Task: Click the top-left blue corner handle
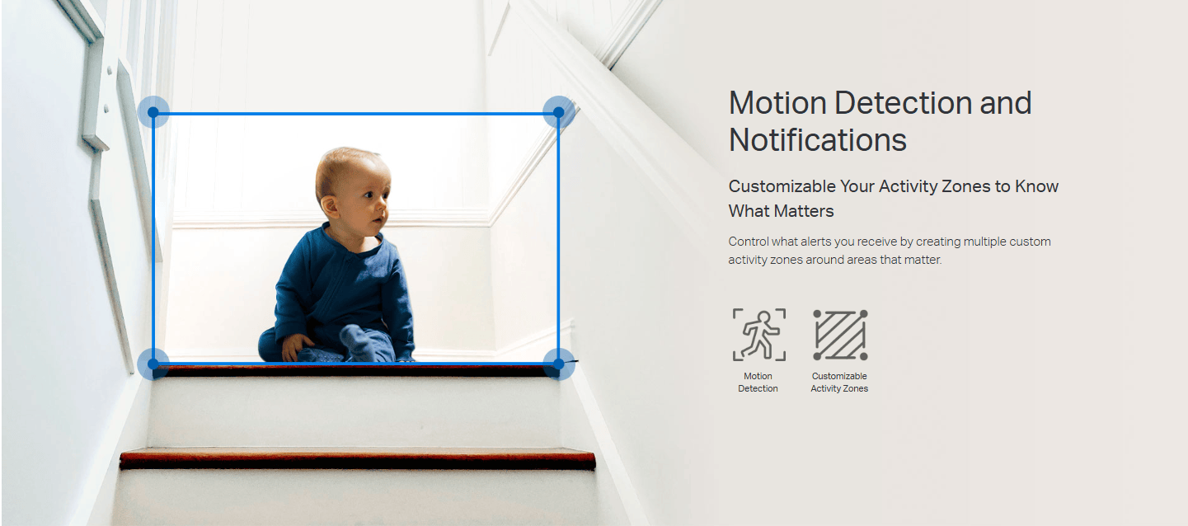pyautogui.click(x=153, y=112)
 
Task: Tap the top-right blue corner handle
pyautogui.click(x=558, y=112)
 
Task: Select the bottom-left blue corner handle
pyautogui.click(x=153, y=364)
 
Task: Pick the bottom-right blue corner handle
pyautogui.click(x=558, y=364)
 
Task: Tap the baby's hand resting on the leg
pyautogui.click(x=296, y=345)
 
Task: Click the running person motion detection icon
pyautogui.click(x=759, y=335)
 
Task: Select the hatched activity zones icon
pyautogui.click(x=840, y=335)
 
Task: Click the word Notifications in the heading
pyautogui.click(x=817, y=140)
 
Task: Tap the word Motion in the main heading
pyautogui.click(x=777, y=103)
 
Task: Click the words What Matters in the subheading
pyautogui.click(x=781, y=211)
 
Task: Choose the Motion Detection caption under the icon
pyautogui.click(x=758, y=383)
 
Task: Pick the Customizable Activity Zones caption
pyautogui.click(x=839, y=383)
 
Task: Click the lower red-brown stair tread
pyautogui.click(x=358, y=458)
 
